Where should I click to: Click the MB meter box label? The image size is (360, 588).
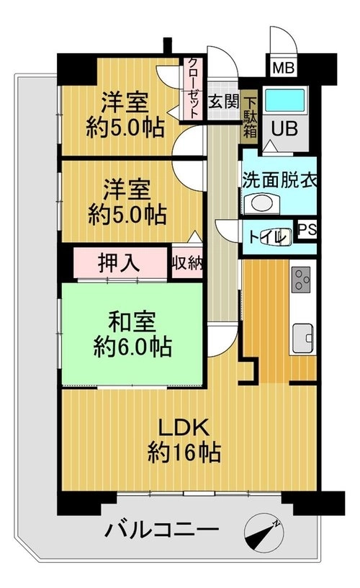click(284, 68)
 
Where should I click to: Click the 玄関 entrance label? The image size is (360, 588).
click(223, 102)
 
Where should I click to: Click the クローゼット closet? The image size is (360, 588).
click(193, 88)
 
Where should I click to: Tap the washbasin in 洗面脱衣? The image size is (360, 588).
click(262, 204)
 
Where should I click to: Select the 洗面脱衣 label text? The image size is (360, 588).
click(279, 179)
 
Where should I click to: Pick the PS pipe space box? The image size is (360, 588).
click(307, 230)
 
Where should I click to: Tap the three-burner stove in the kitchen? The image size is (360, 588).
click(301, 279)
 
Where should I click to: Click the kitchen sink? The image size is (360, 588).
click(302, 338)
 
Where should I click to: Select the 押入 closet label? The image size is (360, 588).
click(119, 262)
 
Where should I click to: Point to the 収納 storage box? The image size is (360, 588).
click(187, 262)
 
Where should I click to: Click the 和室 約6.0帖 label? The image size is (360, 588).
click(132, 334)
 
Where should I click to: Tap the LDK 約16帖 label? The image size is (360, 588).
click(184, 440)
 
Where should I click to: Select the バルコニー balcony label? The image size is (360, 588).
click(161, 530)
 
